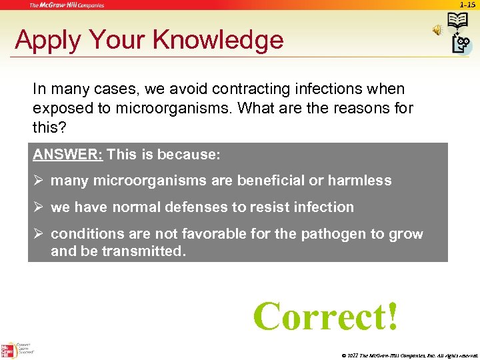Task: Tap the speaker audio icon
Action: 438,30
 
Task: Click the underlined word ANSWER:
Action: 67,155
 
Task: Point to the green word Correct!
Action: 326,315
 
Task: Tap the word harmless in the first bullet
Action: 361,180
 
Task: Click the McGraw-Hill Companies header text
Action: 66,5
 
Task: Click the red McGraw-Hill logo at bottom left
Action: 9,349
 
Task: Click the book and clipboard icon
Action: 460,34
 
